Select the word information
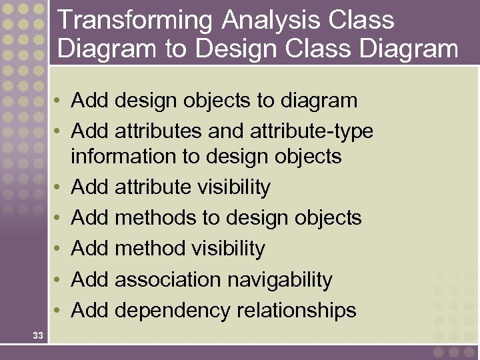117,157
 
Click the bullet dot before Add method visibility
59,249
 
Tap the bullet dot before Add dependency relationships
59,311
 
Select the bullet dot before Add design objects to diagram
59,101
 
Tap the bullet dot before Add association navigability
59,280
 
